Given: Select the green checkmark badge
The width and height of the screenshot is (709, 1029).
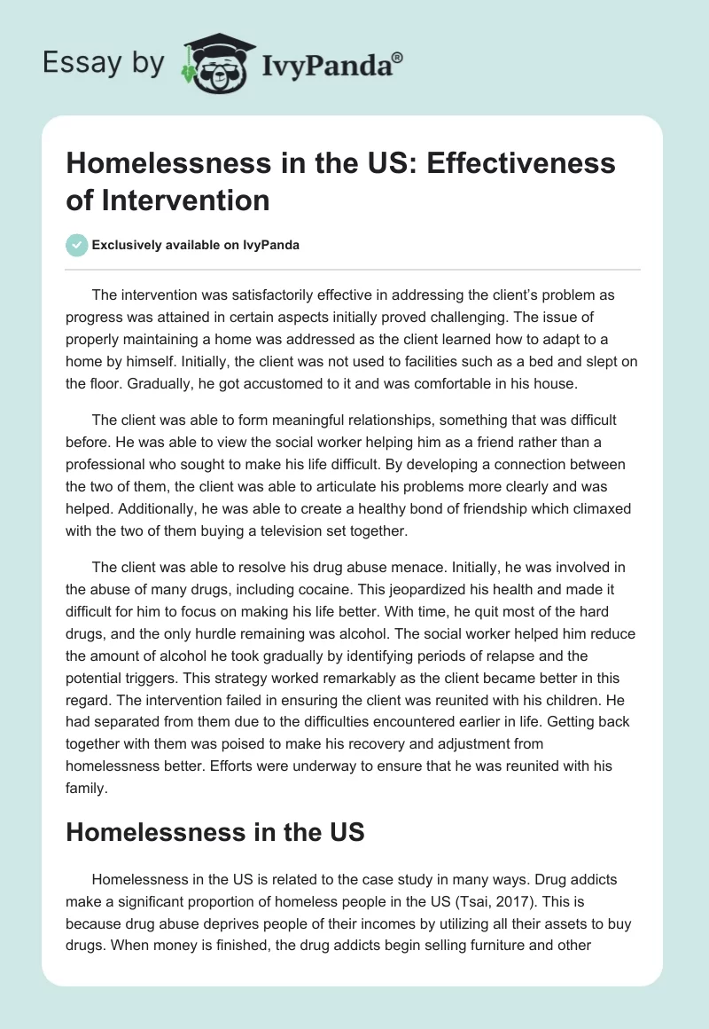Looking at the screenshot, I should (x=78, y=245).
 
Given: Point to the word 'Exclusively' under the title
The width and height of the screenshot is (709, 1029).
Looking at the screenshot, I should (x=128, y=245).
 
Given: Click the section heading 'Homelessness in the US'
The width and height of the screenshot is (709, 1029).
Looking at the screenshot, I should (x=215, y=832).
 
